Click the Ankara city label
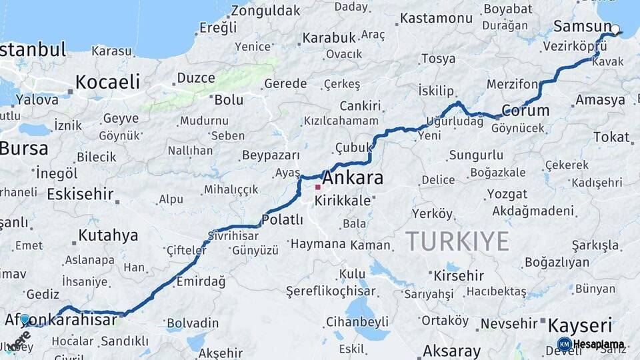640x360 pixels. coord(353,179)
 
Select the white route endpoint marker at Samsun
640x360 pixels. coord(615,29)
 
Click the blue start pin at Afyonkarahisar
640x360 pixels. coord(25,320)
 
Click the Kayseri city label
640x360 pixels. coord(579,326)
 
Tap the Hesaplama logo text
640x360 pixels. coord(599,345)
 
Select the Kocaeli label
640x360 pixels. coord(107,82)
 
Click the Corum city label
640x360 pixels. coord(525,111)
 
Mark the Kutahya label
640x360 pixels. coord(108,235)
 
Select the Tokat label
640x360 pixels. coord(611,137)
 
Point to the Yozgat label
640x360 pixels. coord(507,194)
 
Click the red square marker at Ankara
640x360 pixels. coord(317,188)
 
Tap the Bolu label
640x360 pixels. coord(229,100)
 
